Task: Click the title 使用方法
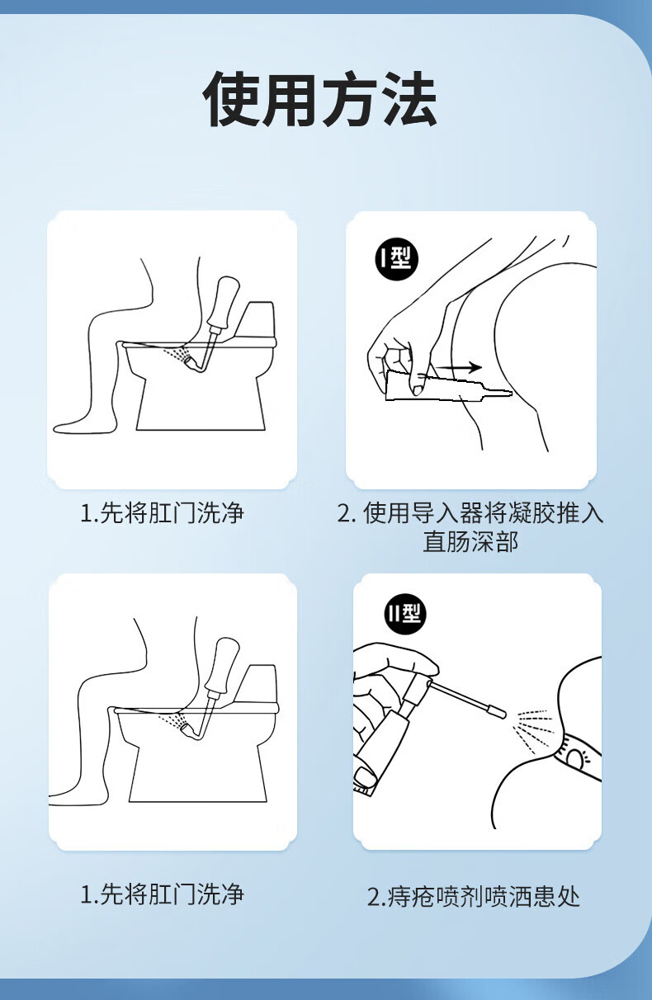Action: click(319, 99)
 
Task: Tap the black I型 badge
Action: click(395, 258)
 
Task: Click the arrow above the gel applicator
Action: click(459, 367)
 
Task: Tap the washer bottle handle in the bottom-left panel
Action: click(220, 664)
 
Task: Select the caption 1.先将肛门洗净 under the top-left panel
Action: click(162, 513)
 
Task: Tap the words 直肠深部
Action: click(470, 541)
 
